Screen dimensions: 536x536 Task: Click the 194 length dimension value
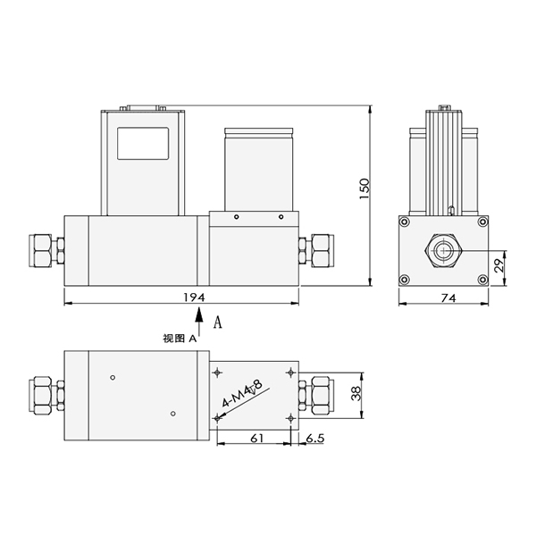point(194,297)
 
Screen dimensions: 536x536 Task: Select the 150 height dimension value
point(364,189)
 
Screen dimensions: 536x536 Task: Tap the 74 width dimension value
point(448,298)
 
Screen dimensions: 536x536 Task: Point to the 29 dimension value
point(499,265)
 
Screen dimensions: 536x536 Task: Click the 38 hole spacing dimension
point(356,393)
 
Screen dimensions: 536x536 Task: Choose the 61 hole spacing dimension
point(257,438)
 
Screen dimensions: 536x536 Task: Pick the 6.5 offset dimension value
point(314,438)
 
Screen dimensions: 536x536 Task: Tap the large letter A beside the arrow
point(217,322)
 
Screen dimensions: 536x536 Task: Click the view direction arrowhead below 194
point(199,314)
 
